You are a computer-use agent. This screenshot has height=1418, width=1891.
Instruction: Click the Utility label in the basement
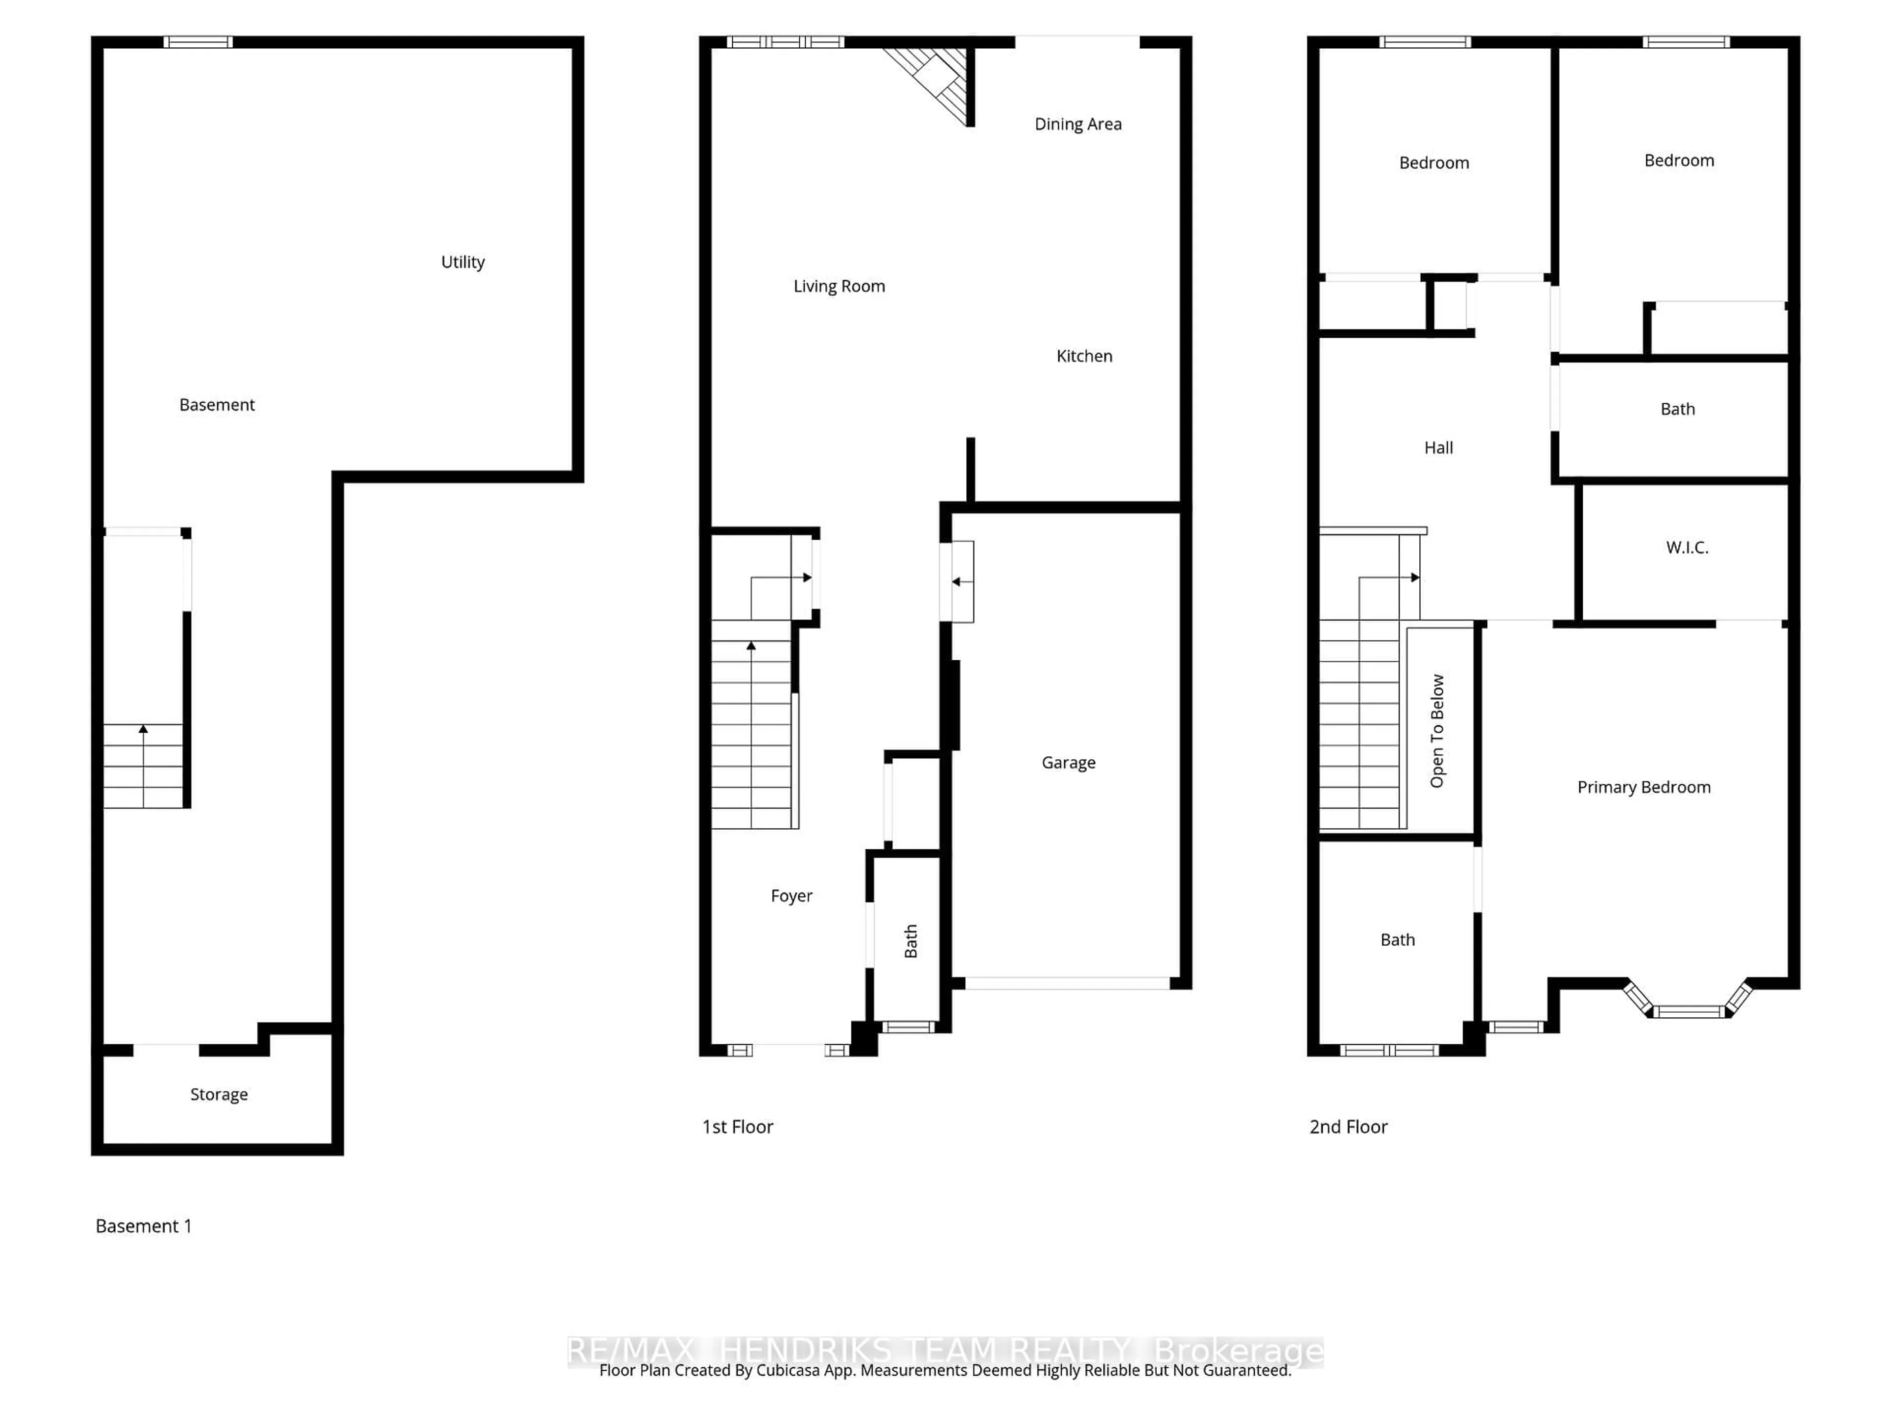point(462,262)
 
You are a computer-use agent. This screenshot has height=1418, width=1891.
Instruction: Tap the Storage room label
point(219,1095)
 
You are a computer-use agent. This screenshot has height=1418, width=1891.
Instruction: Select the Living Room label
point(839,287)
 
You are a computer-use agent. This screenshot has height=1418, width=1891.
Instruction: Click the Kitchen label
point(1084,356)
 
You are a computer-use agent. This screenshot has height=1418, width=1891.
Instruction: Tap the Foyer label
point(791,896)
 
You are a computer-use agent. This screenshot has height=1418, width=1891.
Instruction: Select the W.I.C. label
point(1687,548)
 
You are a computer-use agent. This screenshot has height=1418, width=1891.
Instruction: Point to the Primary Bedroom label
point(1643,787)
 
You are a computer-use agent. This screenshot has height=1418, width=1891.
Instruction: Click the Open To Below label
point(1437,731)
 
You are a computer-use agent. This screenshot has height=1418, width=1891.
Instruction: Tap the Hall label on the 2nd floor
point(1438,448)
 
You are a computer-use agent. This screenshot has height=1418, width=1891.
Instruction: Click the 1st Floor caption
point(737,1128)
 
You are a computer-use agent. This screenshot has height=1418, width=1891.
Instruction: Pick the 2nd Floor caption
point(1348,1128)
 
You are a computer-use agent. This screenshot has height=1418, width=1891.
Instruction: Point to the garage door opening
point(1067,984)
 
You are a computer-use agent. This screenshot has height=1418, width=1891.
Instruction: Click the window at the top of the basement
point(198,42)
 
